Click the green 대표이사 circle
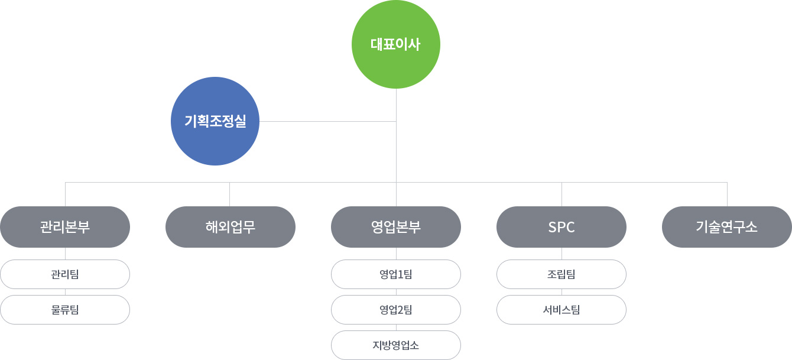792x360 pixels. click(x=396, y=44)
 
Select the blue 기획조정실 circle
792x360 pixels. click(x=215, y=121)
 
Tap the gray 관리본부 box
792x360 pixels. click(x=65, y=226)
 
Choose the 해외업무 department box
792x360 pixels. click(x=231, y=226)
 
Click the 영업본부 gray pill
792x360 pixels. click(x=396, y=226)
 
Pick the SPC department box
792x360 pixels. click(x=561, y=226)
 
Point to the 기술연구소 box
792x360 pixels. click(x=727, y=226)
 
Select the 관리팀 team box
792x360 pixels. click(x=65, y=274)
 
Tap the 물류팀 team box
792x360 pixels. click(x=65, y=310)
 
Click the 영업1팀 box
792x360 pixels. click(x=396, y=274)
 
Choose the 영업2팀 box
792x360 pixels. click(x=396, y=310)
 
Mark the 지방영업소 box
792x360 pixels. click(x=396, y=345)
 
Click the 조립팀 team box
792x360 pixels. click(x=561, y=274)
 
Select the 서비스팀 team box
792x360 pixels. click(x=561, y=310)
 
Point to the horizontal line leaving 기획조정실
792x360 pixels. click(x=328, y=121)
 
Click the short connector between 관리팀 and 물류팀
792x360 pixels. click(x=65, y=292)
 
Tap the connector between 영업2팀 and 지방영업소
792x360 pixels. click(x=396, y=327)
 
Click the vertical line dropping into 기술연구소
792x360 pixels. click(x=728, y=194)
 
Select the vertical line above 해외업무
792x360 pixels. click(x=229, y=194)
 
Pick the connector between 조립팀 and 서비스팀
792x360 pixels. click(x=561, y=292)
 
